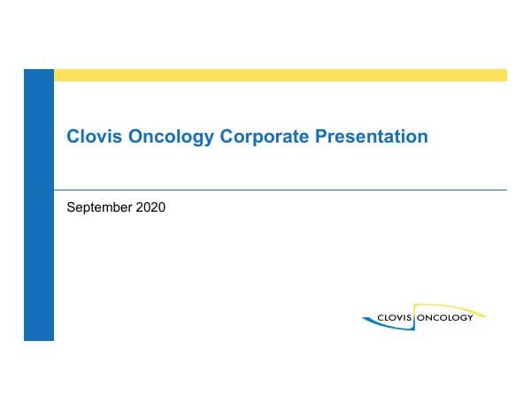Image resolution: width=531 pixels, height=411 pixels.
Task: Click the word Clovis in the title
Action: pos(91,137)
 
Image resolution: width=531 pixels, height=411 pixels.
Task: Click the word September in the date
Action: pos(97,209)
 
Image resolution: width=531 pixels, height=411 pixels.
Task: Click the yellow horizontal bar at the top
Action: pos(280,75)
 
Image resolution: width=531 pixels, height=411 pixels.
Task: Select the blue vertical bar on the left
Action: pos(39,205)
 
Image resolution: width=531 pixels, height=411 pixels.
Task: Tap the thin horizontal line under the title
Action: pos(280,190)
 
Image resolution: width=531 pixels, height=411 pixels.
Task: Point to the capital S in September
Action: pos(72,209)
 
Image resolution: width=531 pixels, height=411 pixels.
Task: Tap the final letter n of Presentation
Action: pos(423,138)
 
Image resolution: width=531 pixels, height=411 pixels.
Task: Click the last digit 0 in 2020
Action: pos(161,209)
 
